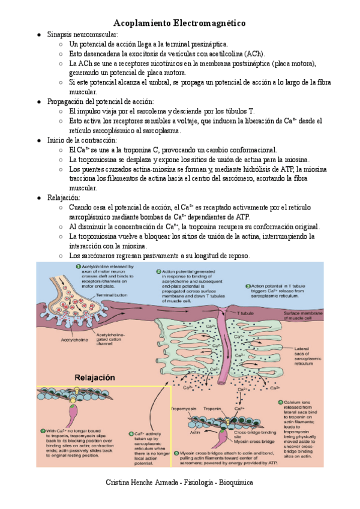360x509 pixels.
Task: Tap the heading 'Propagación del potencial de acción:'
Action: coord(100,102)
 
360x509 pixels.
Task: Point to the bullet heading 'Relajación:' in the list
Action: coord(62,197)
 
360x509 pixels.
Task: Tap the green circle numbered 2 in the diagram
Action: coord(158,271)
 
